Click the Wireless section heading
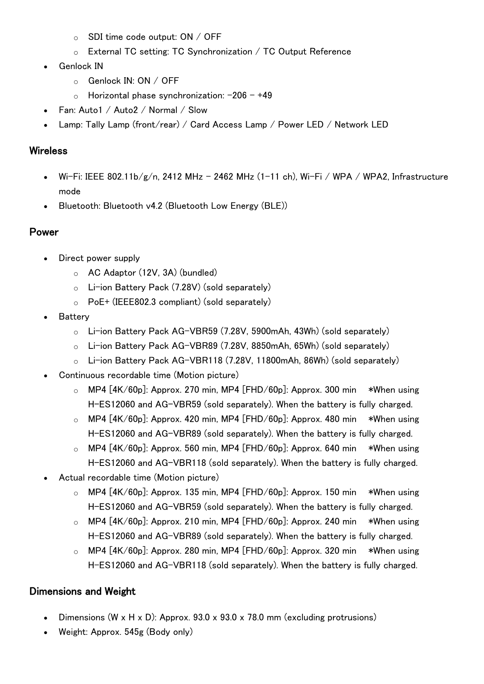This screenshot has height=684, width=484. coord(48,151)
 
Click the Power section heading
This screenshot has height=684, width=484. coord(44,232)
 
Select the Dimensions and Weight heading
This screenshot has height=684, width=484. coord(82,592)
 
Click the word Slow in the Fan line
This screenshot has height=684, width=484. coord(198,110)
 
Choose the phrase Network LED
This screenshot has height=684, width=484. coord(361,124)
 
